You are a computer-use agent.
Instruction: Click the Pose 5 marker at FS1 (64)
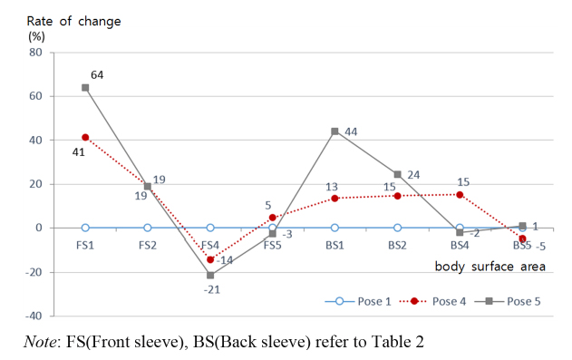point(85,88)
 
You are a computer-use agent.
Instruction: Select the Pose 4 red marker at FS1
point(85,138)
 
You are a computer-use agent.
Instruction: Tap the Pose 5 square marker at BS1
point(334,131)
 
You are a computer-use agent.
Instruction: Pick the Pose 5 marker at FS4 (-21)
point(210,275)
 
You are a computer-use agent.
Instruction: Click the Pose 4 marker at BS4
point(460,195)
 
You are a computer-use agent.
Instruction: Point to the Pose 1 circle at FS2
point(148,228)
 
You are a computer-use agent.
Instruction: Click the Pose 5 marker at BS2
point(397,174)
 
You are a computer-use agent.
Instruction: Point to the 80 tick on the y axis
point(37,53)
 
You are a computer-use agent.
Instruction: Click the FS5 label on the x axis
point(272,246)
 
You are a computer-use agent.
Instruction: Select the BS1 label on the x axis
point(334,246)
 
